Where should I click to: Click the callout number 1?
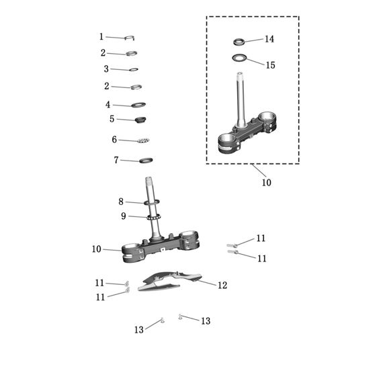tap(101, 37)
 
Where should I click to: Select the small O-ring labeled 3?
tap(134, 70)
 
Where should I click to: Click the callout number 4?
tap(108, 105)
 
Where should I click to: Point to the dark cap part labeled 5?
tap(140, 120)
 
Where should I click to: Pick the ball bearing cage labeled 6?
tap(143, 140)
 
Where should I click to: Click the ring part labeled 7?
tap(146, 161)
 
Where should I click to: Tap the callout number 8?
tap(121, 202)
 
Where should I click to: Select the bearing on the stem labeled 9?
tap(154, 217)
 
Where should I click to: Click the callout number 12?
tap(222, 285)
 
